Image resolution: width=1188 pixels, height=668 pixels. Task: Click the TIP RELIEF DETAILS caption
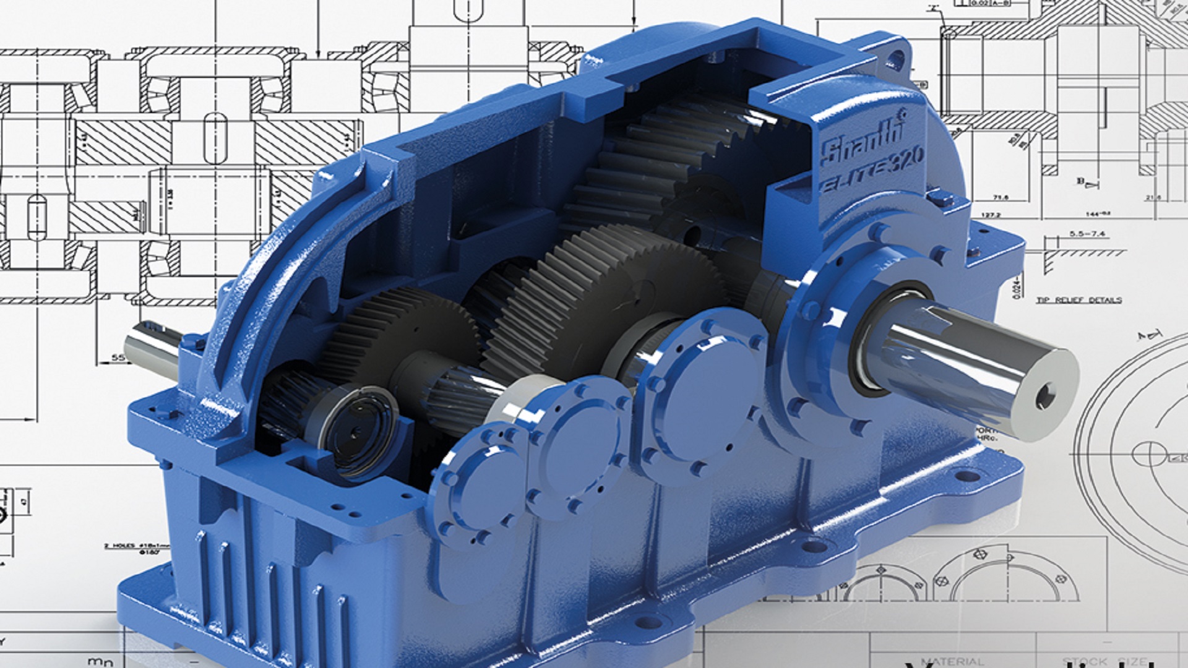(1078, 300)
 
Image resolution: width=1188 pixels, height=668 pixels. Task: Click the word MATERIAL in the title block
(953, 661)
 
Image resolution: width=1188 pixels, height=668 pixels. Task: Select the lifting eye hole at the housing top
(895, 59)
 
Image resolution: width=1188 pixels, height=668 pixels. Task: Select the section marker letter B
(1080, 181)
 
